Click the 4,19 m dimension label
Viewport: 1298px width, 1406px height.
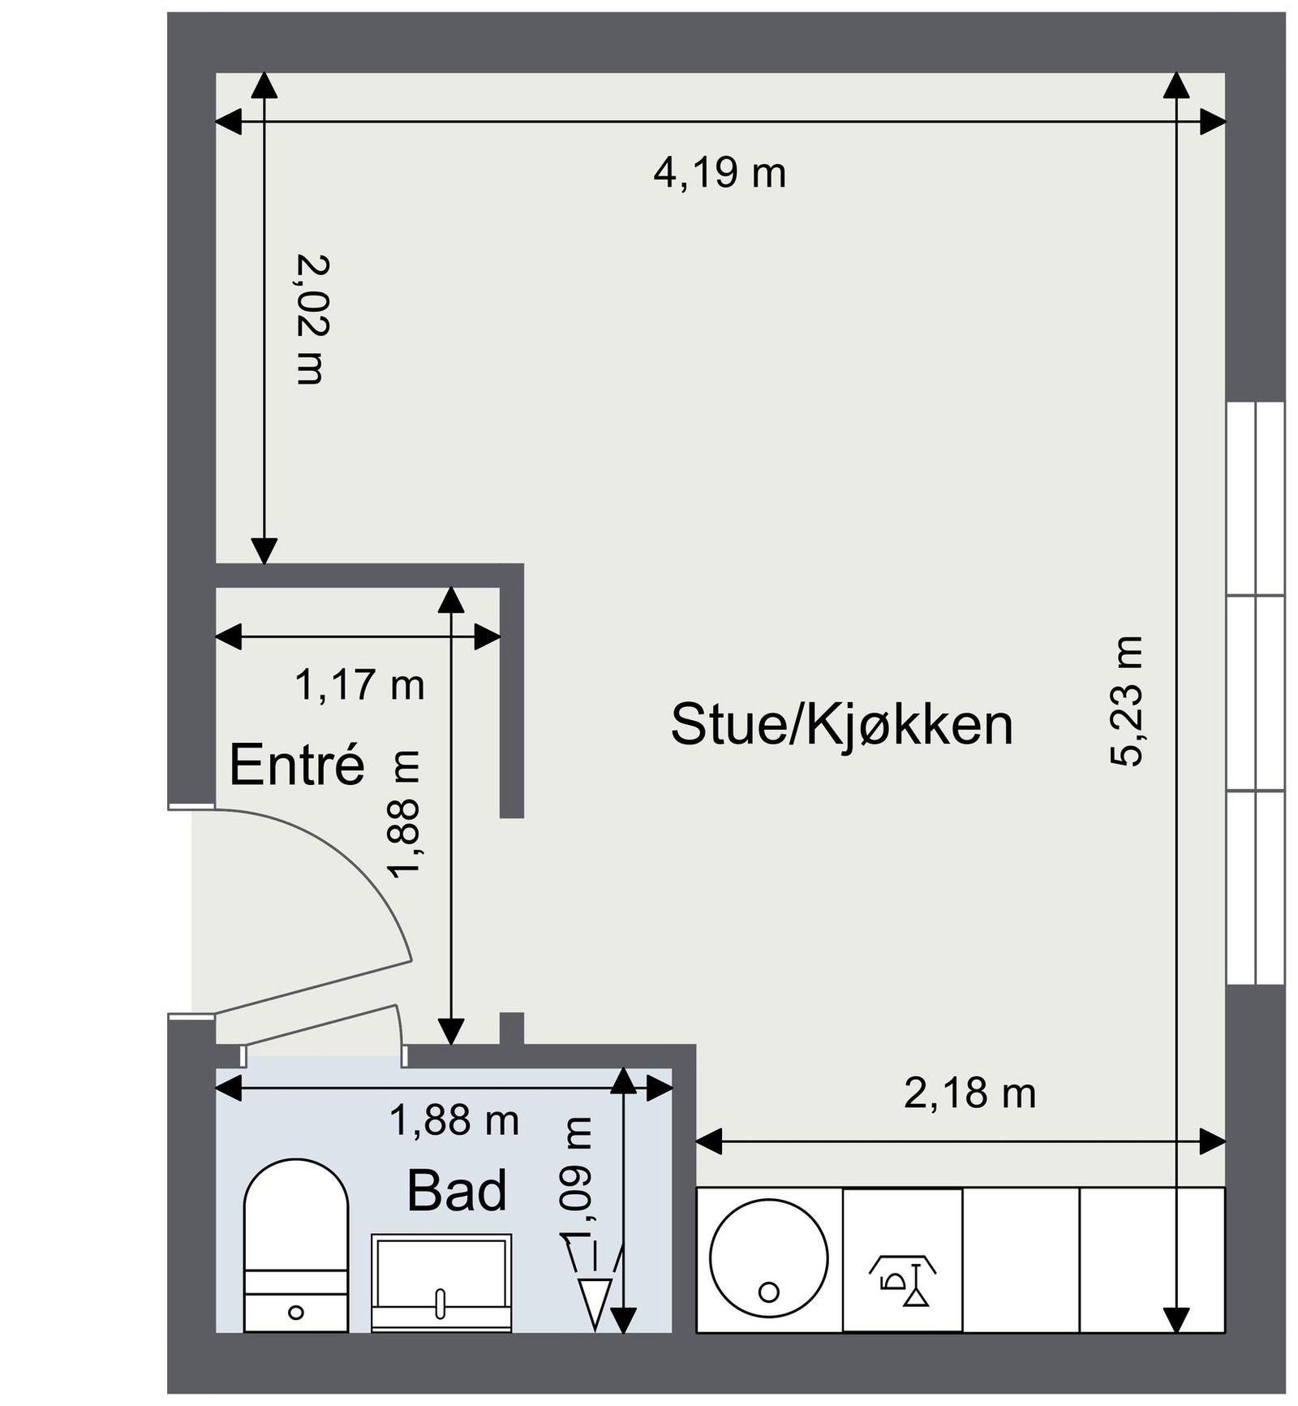[x=720, y=173]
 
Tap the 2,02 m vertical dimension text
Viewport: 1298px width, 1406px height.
[x=312, y=319]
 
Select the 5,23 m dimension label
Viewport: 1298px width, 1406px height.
[x=1127, y=701]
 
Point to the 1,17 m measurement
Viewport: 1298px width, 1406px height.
[x=359, y=685]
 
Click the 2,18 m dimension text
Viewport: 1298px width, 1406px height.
[x=969, y=1093]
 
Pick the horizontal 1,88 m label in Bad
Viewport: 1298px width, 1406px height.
[x=453, y=1121]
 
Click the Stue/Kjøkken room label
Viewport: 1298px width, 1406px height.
[x=841, y=724]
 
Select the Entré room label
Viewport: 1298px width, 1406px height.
[x=297, y=764]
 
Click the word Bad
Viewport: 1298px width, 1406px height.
[x=457, y=1191]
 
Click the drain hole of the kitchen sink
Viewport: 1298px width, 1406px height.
[x=768, y=1291]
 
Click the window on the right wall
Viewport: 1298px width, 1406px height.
[x=1255, y=694]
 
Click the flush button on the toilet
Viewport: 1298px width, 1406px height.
[x=296, y=1312]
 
